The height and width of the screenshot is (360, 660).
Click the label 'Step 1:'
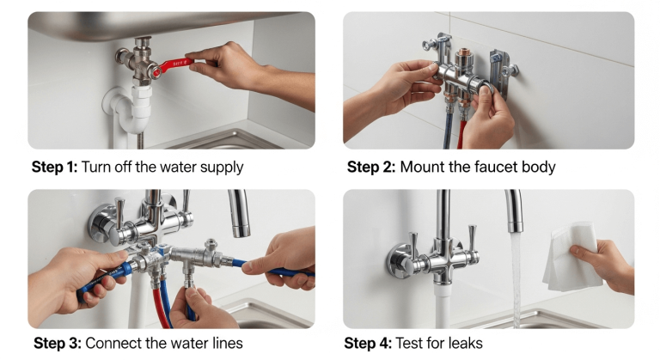[x=54, y=167]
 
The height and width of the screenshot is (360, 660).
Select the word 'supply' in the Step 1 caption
[x=220, y=168]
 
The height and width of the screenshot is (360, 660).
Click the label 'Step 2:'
[x=370, y=167]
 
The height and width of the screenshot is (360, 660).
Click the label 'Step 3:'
[x=56, y=344]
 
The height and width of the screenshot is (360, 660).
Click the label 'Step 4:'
[x=368, y=344]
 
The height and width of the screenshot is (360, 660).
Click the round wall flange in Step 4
[x=401, y=259]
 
